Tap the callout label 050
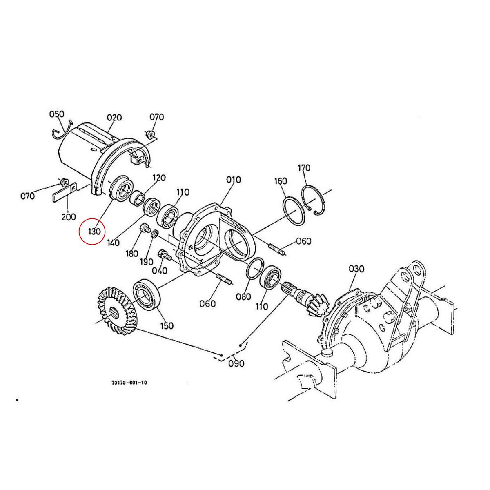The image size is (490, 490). click(x=57, y=114)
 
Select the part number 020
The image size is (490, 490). click(x=114, y=118)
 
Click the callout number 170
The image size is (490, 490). click(x=304, y=167)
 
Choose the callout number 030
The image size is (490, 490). click(x=356, y=269)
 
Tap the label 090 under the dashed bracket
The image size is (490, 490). click(x=236, y=363)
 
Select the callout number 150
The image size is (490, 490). click(x=167, y=325)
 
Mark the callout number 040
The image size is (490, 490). click(x=160, y=270)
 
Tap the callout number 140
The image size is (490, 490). click(x=113, y=243)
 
